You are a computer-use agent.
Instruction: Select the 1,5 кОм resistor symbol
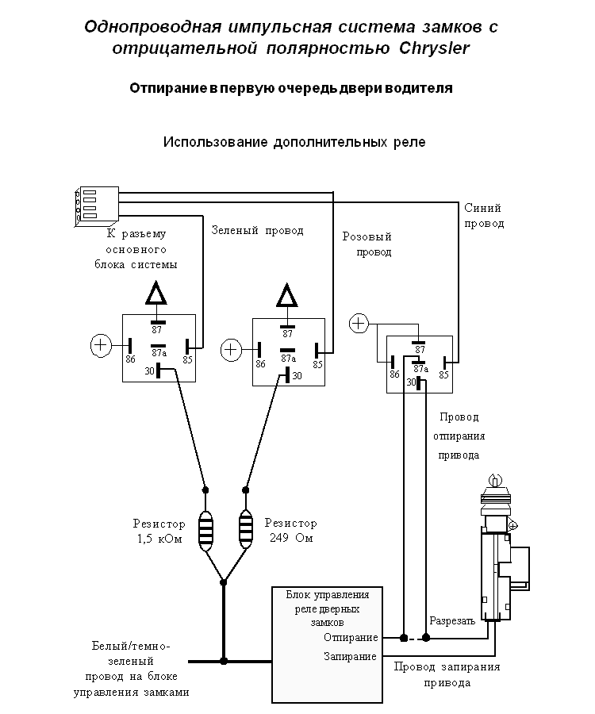pos(205,529)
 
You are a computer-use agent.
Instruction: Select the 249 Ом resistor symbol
pos(246,529)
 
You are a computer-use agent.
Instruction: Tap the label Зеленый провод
pos(257,231)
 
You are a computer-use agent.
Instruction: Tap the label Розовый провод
pos(367,244)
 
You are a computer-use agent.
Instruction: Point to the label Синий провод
pos(482,216)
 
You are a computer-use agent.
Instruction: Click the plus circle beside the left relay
pos(101,346)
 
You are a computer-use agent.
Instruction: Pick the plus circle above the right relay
pos(359,323)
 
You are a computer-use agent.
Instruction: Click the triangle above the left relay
pos(156,294)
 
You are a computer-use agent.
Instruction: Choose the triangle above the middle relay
pos(286,297)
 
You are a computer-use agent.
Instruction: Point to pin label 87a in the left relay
pos(158,353)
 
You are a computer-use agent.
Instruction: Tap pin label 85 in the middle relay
pos(317,365)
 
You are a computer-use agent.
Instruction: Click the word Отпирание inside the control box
pos(351,637)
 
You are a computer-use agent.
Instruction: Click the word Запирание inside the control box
pos(350,657)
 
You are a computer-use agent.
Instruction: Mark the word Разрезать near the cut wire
pos(451,621)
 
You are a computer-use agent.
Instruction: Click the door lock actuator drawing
pos(497,555)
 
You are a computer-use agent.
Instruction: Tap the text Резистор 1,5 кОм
pos(159,531)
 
